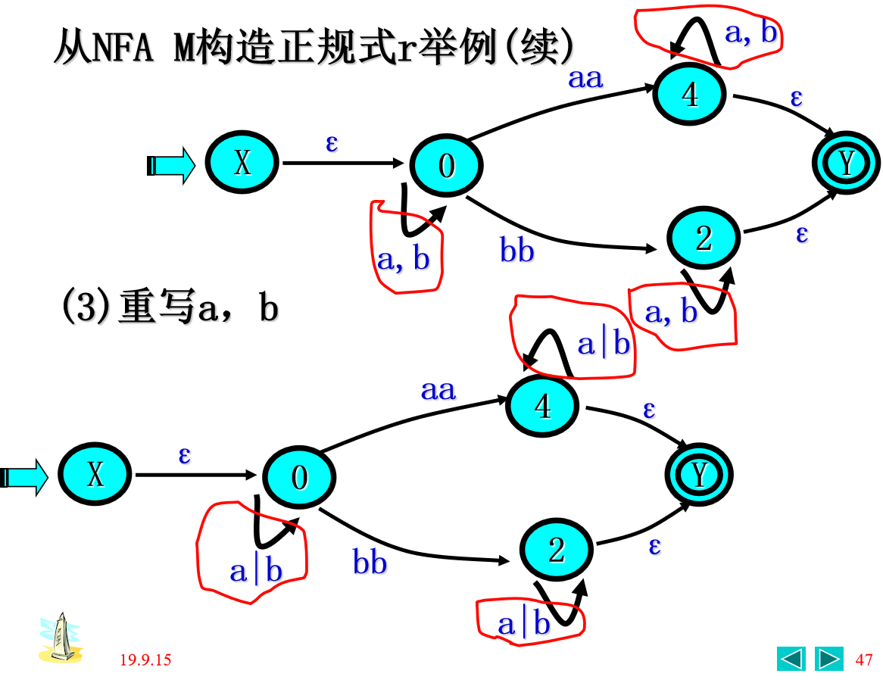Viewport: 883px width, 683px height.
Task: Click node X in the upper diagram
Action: pos(242,164)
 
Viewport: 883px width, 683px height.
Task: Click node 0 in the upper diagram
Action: pos(446,165)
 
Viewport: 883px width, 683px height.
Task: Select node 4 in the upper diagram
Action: pos(689,95)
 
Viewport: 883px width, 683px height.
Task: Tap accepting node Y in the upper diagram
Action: pos(846,164)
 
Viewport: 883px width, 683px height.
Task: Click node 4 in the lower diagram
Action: pos(543,407)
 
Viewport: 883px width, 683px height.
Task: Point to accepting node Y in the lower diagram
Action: pos(700,476)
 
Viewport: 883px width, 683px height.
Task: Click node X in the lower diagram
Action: pos(95,476)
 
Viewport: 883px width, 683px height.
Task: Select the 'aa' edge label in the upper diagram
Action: pos(585,78)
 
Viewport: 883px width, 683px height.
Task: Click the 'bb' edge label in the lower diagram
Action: pos(370,563)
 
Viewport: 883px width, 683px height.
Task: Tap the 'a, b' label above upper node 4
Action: pos(750,33)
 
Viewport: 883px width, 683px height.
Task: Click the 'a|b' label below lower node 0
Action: pos(256,571)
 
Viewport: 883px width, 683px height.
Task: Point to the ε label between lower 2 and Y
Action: pos(654,545)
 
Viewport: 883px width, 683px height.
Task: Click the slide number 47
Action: pos(863,660)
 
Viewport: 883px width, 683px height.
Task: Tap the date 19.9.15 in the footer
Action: pos(145,660)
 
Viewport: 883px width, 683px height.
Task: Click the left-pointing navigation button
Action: pos(791,659)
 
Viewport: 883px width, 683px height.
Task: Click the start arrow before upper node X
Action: pos(171,164)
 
